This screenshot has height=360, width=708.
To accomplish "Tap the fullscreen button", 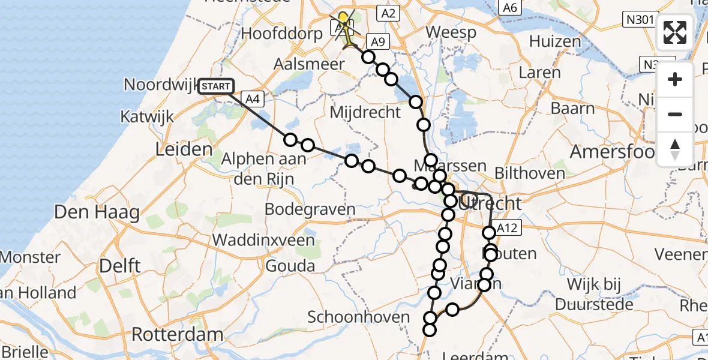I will coord(675,32).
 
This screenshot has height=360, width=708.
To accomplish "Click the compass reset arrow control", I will coord(675,149).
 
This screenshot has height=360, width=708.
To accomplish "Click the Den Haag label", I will coord(97,212).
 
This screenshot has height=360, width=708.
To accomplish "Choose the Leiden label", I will coord(184,149).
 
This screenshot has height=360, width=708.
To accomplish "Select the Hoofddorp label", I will coord(280,34).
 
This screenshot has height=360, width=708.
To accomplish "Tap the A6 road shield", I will coord(510,8).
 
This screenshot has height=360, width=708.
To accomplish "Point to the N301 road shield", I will coord(638,20).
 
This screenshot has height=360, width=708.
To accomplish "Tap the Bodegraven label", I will coord(310,210).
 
